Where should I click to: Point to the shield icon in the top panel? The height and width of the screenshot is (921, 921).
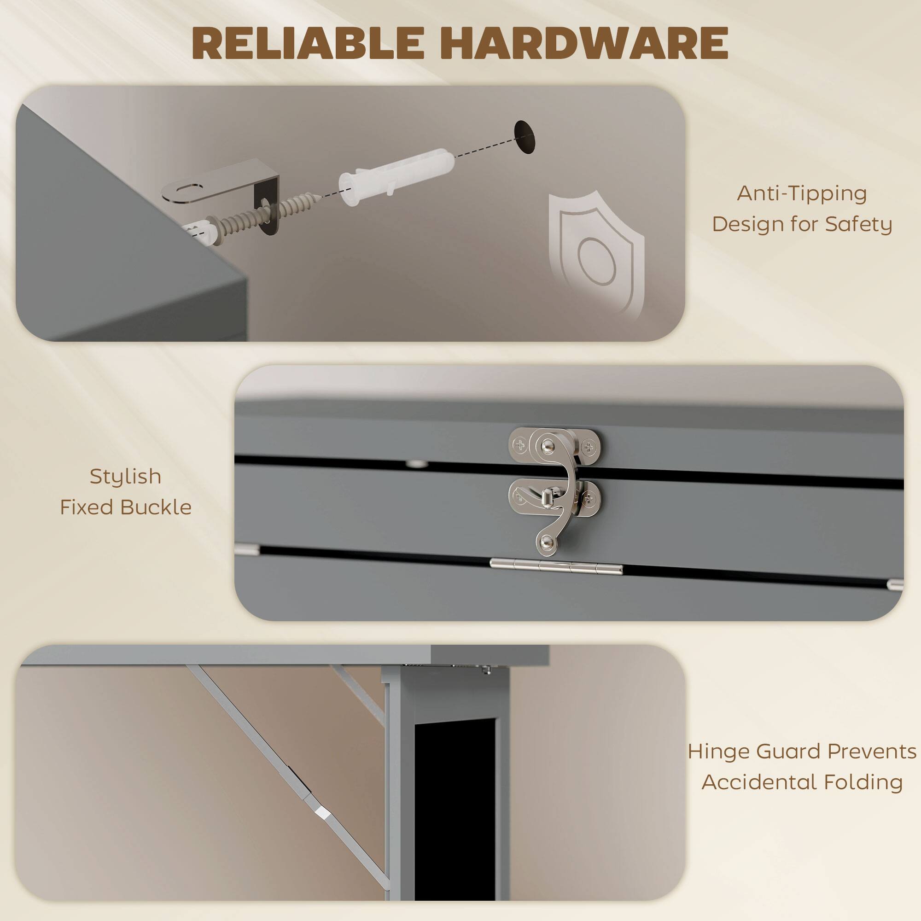[596, 253]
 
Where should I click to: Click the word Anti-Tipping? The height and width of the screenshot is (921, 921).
[802, 194]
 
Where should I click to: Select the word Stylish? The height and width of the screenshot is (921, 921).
[125, 477]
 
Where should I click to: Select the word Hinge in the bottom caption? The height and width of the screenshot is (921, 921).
[719, 752]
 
